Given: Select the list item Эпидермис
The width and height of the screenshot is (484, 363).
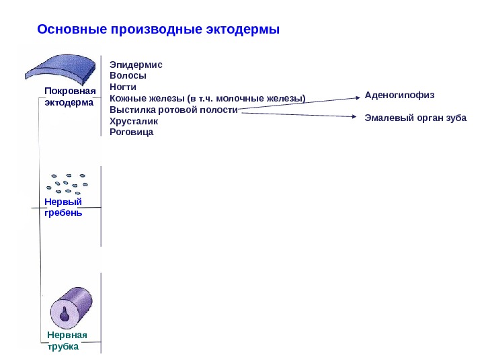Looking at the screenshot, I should pos(136,65).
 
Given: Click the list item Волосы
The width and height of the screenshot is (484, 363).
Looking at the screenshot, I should pos(128,76).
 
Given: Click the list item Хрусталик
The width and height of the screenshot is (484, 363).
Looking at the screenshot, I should pos(134,121).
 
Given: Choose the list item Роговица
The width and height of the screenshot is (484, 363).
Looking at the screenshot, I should pos(131,132).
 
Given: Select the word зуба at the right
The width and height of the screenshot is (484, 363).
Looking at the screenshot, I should pos(456,118).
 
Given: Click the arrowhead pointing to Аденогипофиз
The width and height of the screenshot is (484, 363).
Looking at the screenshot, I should pos(356,98).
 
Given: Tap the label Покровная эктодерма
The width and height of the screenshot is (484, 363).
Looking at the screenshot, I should pos(70,97).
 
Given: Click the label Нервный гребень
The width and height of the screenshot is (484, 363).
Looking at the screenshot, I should pos(63,207).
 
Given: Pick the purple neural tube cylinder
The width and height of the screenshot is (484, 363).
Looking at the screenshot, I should pos(70,306).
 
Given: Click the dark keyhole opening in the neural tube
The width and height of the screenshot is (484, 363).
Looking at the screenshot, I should pos(65,315).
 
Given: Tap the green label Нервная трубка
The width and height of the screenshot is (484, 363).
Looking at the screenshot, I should pos(67,341).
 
